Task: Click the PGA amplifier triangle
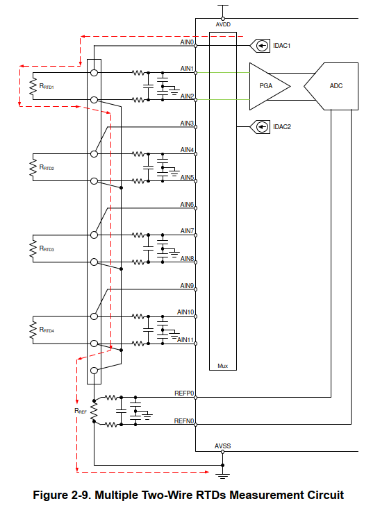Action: point(269,86)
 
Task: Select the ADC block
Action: point(331,86)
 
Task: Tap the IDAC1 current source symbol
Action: point(260,46)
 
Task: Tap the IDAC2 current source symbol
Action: point(260,127)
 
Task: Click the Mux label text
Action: point(223,366)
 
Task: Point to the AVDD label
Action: point(223,24)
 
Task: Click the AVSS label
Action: point(223,446)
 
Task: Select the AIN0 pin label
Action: point(187,42)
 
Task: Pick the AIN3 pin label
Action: point(187,123)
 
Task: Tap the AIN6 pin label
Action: point(187,205)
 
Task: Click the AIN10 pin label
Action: point(185,312)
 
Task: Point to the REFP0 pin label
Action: point(184,393)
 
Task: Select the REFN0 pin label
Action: point(184,421)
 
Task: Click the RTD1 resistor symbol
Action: point(33,86)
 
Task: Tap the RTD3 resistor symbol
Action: point(33,248)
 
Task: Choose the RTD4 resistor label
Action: point(47,330)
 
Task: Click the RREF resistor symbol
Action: point(94,411)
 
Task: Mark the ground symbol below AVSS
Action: point(223,475)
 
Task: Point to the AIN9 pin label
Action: point(187,285)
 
